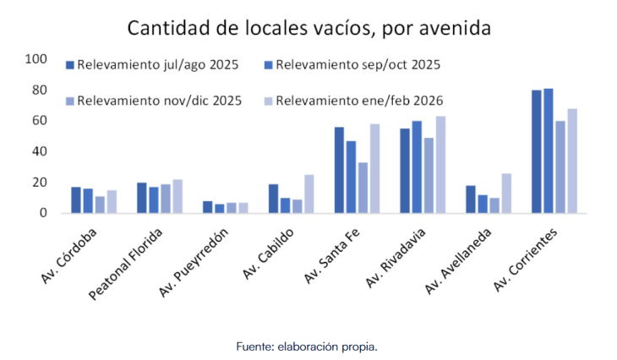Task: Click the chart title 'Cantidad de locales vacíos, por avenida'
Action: point(308,27)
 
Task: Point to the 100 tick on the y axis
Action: point(36,59)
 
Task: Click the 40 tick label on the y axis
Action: point(40,151)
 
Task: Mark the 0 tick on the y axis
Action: point(43,213)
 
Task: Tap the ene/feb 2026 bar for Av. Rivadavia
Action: point(440,165)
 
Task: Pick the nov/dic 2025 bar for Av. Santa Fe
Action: point(363,188)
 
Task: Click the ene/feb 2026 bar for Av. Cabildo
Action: point(308,194)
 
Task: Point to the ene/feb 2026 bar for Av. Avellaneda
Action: point(506,194)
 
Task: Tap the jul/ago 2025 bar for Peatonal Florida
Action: point(142,198)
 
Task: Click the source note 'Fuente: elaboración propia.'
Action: point(308,346)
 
